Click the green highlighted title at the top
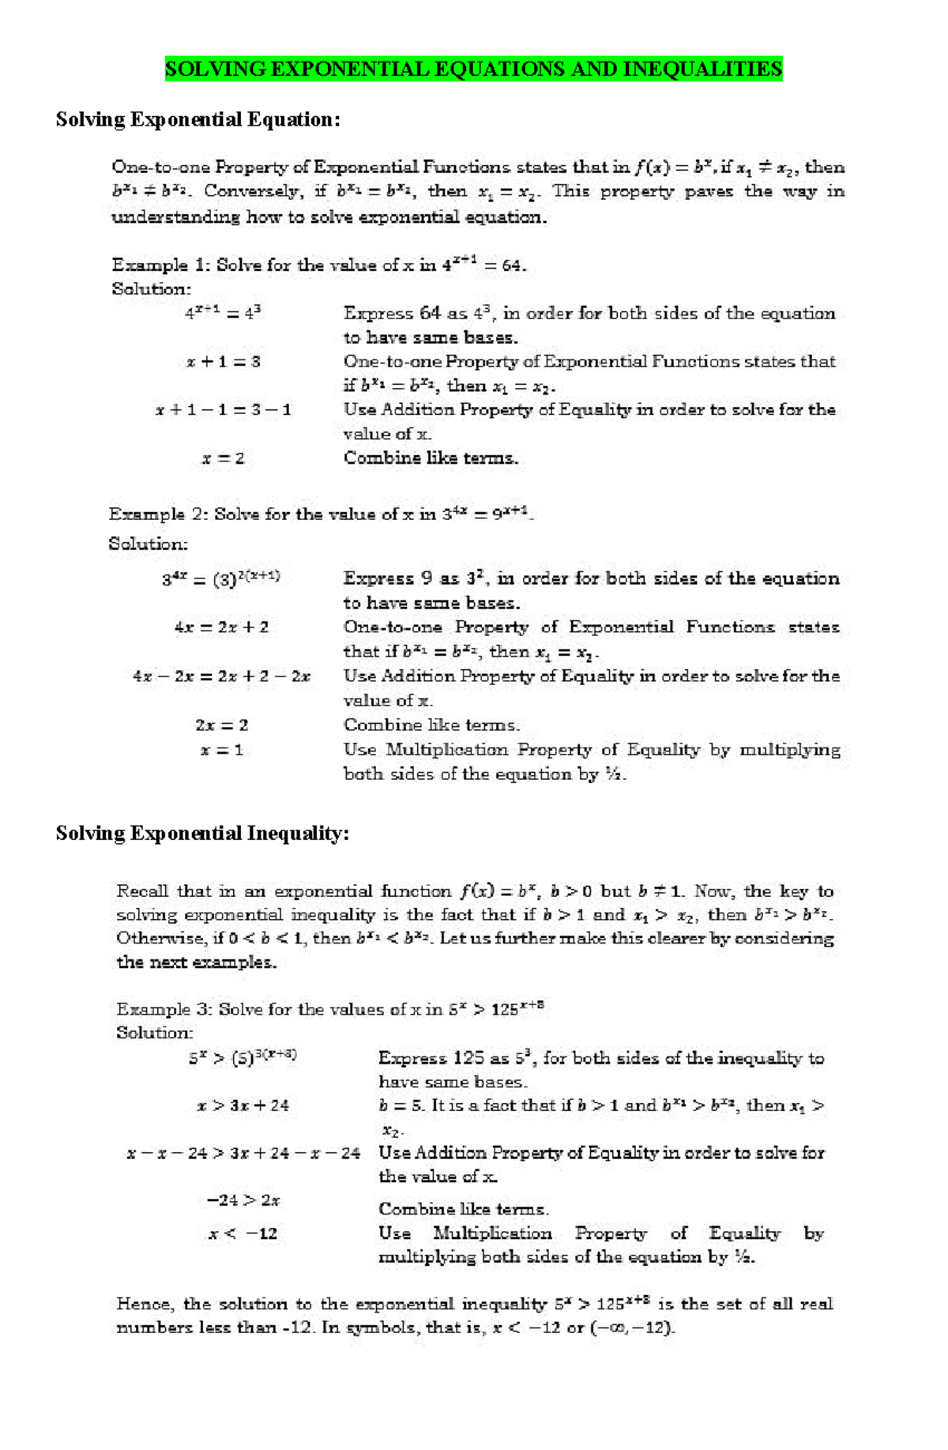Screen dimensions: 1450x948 pos(473,69)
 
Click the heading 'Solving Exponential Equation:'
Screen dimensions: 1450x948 pos(197,119)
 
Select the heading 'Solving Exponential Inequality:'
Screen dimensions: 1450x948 pos(202,834)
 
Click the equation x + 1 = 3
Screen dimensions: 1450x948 pos(224,362)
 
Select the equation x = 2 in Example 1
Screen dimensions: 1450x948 pos(223,458)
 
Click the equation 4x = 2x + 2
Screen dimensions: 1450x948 pos(221,627)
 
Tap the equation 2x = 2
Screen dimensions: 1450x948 pos(221,725)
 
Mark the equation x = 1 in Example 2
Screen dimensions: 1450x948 pos(221,750)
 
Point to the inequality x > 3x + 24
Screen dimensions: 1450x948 pos(243,1105)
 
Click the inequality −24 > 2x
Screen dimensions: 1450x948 pos(243,1200)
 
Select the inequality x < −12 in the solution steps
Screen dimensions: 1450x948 pos(243,1233)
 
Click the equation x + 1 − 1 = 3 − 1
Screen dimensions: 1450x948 pos(224,410)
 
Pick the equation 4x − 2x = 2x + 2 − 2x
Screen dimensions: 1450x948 pos(221,676)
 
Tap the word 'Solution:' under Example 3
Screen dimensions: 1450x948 pos(155,1033)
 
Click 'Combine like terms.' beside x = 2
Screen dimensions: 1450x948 pos(431,458)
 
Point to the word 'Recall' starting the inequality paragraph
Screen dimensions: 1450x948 pos(142,891)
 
